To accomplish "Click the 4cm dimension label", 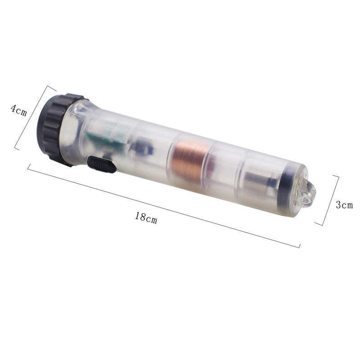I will tap(18, 110).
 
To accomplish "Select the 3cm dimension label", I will tap(344, 205).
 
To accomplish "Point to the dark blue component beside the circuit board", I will tap(143, 147).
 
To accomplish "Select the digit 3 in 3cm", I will tap(338, 204).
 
